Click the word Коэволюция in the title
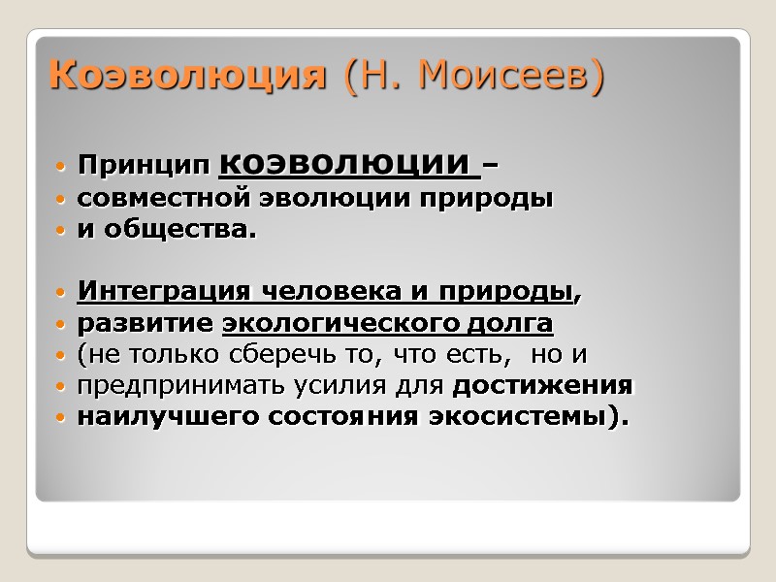187,76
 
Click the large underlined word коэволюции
349,164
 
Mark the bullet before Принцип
62,168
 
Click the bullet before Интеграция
62,292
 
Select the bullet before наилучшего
62,418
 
